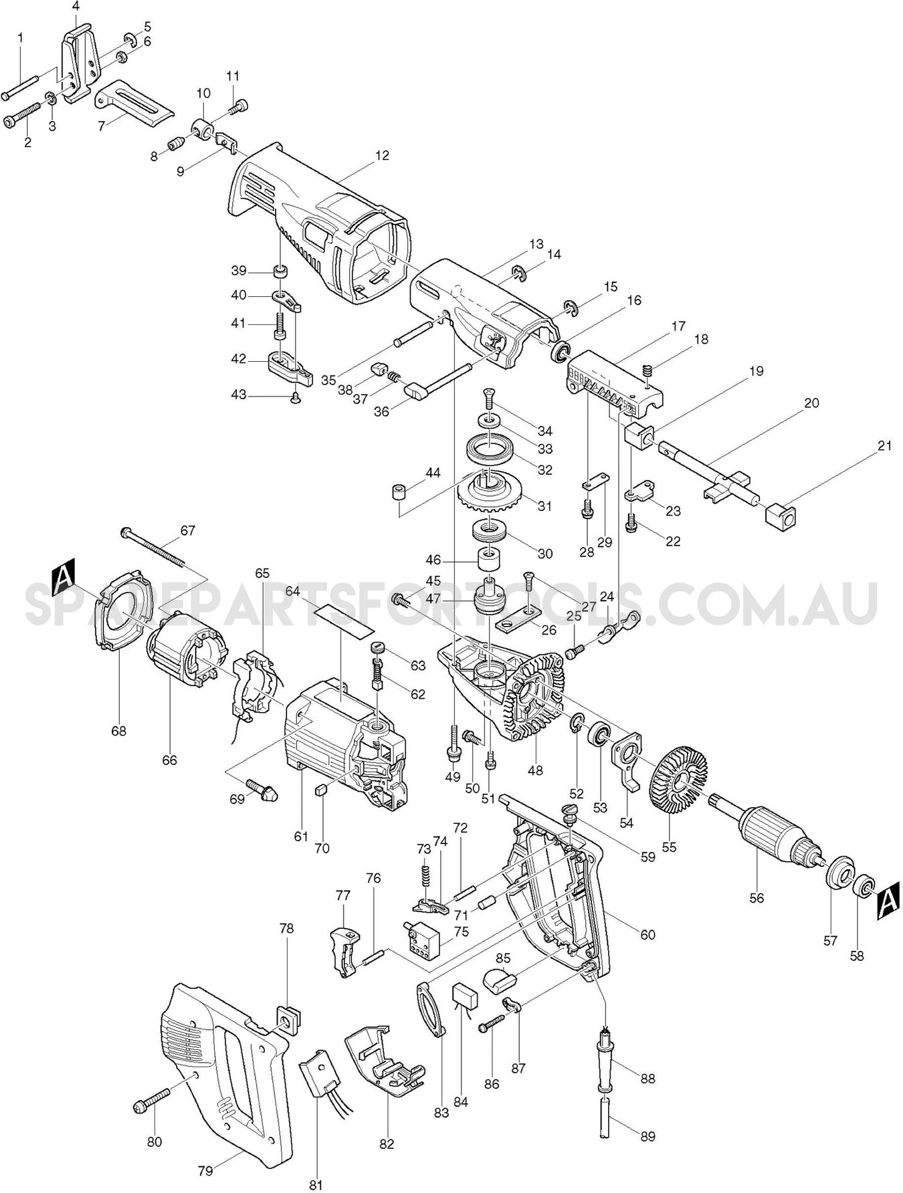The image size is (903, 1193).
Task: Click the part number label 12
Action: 382,155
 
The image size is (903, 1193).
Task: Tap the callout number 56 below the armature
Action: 757,898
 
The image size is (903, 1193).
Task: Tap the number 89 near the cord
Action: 647,1136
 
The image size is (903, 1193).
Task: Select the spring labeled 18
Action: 646,370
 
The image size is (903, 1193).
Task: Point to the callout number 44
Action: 433,473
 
